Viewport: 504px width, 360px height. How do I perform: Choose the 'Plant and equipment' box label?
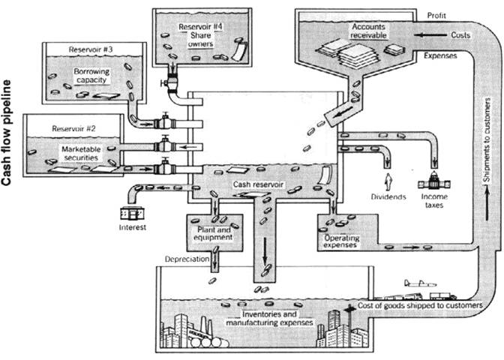tap(213, 232)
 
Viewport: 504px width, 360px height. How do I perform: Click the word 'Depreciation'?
tap(187, 259)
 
